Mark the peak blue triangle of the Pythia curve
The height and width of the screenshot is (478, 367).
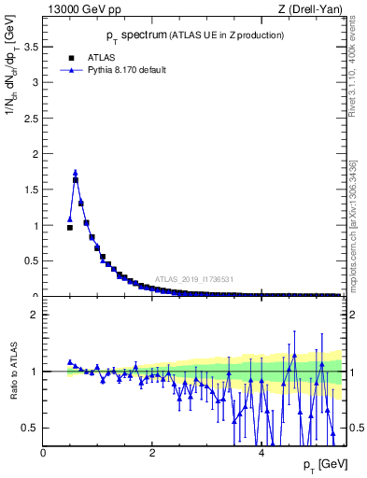76,172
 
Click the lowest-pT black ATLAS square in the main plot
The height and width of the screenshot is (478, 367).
69,227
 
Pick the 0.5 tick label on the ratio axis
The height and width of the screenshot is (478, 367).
31,428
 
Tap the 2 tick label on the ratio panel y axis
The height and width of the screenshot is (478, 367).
35,315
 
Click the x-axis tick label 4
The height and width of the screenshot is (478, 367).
261,453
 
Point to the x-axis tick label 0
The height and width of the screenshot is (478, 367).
43,453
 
